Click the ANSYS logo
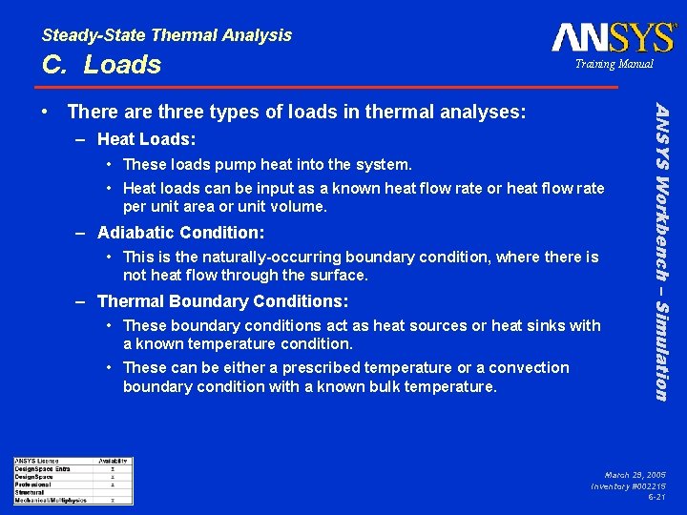[613, 37]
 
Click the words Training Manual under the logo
[614, 64]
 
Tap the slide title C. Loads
[101, 65]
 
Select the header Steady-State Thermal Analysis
[167, 35]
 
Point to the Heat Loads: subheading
[146, 139]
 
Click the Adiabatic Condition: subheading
[181, 233]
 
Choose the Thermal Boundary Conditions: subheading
[222, 301]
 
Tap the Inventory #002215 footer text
[628, 485]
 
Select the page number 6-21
[656, 497]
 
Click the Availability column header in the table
[113, 462]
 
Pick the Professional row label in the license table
[33, 484]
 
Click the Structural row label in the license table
[30, 491]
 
